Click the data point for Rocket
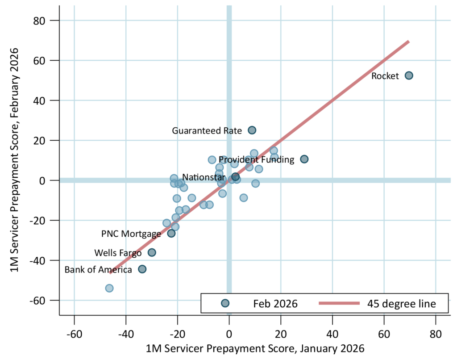(409, 75)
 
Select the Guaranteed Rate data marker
(252, 130)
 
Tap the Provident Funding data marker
(304, 159)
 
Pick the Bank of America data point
(142, 269)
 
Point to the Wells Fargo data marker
(152, 252)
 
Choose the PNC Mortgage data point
(171, 233)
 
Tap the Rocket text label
(385, 76)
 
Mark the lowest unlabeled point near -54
(109, 288)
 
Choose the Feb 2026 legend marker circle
(225, 304)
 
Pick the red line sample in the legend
(339, 304)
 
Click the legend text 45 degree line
(401, 304)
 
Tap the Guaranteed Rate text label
(207, 130)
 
